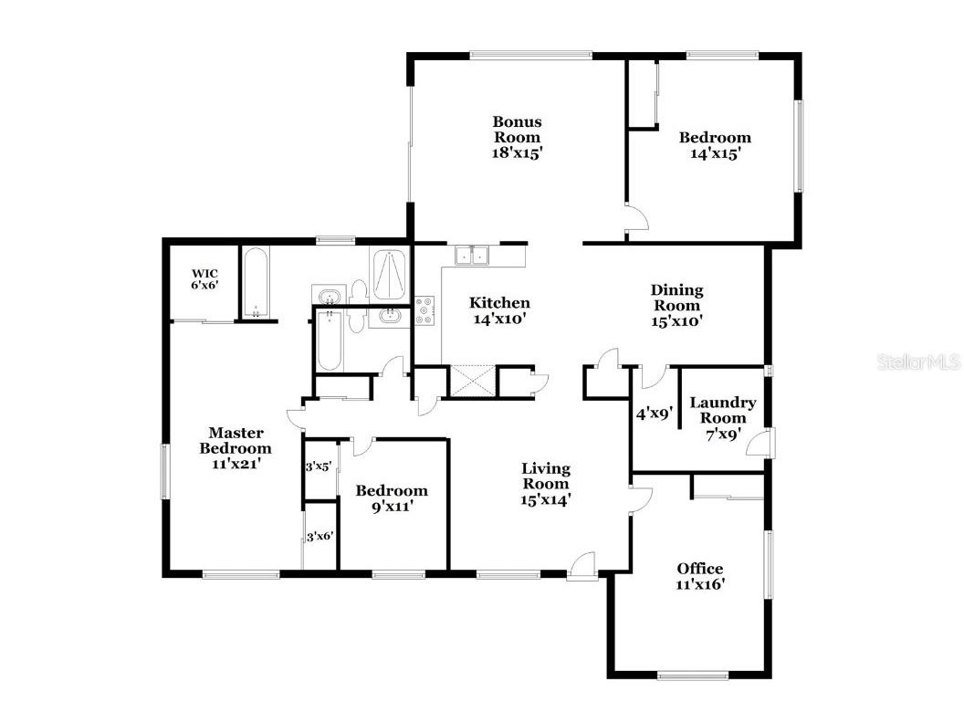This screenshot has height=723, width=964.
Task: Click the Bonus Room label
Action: (518, 137)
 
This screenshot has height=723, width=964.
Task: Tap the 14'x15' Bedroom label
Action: (715, 145)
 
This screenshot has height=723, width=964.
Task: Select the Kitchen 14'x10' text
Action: (499, 311)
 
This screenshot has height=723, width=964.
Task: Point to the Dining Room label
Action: (676, 305)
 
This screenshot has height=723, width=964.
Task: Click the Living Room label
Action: (546, 484)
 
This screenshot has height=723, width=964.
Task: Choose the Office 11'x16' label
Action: (700, 577)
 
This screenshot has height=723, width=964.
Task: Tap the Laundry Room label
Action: (722, 418)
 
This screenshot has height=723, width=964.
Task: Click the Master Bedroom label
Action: (236, 448)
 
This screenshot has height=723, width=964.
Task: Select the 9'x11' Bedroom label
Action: (392, 498)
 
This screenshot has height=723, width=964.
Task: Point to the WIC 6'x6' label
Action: (204, 278)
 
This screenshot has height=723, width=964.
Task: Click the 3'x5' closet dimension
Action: (319, 466)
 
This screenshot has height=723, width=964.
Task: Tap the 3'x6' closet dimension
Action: (319, 537)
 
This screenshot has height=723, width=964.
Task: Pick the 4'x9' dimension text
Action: (654, 413)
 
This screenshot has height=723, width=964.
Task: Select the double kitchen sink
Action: (474, 256)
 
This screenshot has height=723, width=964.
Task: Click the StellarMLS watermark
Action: (918, 362)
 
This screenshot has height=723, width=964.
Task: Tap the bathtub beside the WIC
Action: (255, 283)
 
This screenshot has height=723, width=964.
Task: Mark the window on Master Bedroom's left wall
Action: (166, 471)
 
